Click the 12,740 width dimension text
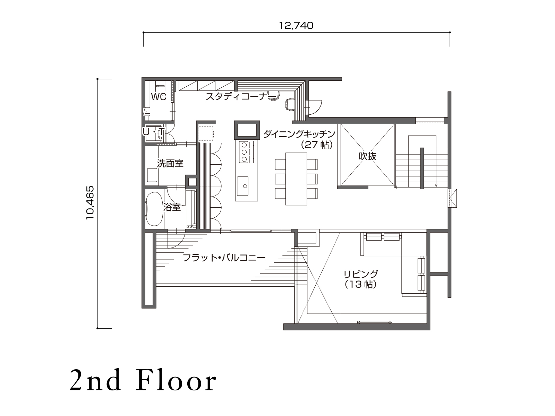tap(296, 26)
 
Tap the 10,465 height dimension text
tap(90, 203)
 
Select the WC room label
tap(159, 96)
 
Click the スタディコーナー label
tap(240, 96)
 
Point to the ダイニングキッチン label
tap(299, 134)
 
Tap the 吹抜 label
tap(367, 156)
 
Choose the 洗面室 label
tap(170, 163)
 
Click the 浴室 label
tap(172, 207)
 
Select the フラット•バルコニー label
tap(224, 258)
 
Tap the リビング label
tap(361, 274)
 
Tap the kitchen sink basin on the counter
tap(242, 186)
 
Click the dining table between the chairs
tap(296, 179)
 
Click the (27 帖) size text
tap(316, 145)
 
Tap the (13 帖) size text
tap(361, 285)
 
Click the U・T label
tap(153, 131)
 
